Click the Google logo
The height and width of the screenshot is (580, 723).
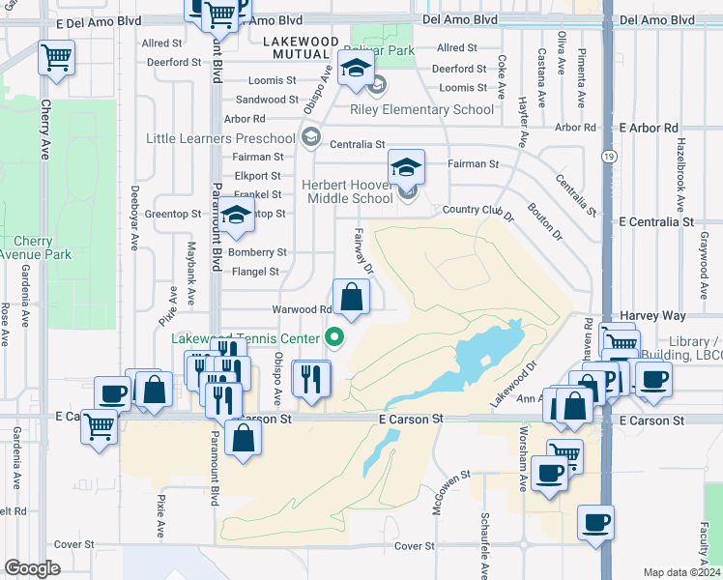click(x=32, y=568)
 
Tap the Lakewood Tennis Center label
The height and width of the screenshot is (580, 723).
click(x=246, y=338)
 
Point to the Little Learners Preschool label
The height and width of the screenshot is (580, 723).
click(x=220, y=138)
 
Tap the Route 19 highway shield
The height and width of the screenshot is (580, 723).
click(x=607, y=155)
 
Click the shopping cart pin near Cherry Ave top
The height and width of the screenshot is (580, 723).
click(x=56, y=57)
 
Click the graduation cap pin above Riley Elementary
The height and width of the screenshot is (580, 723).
click(x=356, y=69)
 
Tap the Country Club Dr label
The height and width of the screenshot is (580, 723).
click(x=477, y=210)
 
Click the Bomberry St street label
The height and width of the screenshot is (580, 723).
click(x=257, y=252)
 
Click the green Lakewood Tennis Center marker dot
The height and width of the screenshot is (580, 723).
click(x=335, y=337)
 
